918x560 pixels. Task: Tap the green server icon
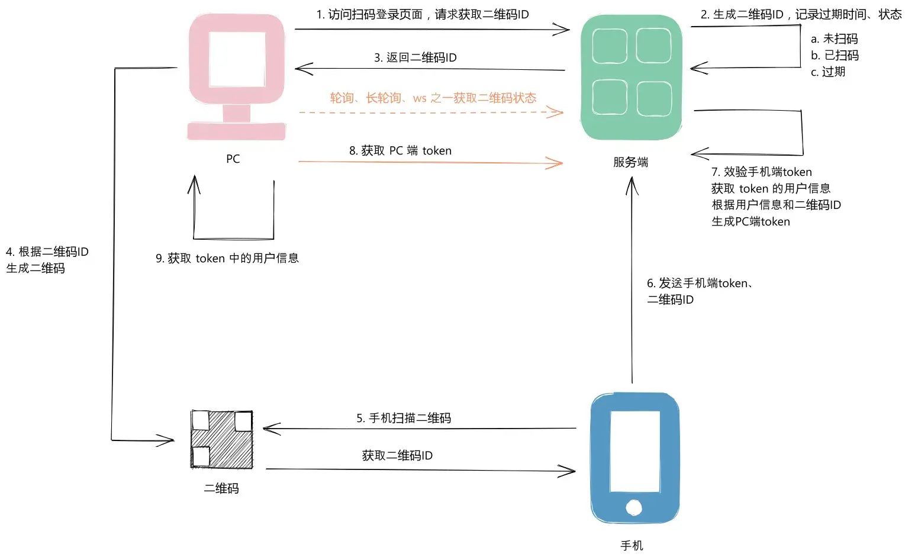pyautogui.click(x=632, y=77)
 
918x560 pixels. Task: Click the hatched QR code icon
pyautogui.click(x=221, y=439)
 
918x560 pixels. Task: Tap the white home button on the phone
pyautogui.click(x=634, y=507)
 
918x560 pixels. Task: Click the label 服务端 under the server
pyautogui.click(x=630, y=162)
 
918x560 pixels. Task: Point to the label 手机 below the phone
pyautogui.click(x=632, y=545)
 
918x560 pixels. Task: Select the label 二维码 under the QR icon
pyautogui.click(x=221, y=488)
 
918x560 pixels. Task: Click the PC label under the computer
pyautogui.click(x=233, y=159)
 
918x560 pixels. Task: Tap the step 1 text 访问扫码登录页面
pyautogui.click(x=422, y=14)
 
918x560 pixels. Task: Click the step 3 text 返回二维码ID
pyautogui.click(x=415, y=57)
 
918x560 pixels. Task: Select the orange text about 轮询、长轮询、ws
pyautogui.click(x=433, y=98)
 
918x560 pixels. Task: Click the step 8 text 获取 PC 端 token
pyautogui.click(x=400, y=150)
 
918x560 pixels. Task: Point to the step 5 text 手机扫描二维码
pyautogui.click(x=404, y=418)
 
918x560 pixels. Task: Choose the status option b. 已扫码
pyautogui.click(x=835, y=55)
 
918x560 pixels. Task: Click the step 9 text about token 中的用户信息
pyautogui.click(x=227, y=258)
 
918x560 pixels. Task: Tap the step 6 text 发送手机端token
pyautogui.click(x=700, y=284)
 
